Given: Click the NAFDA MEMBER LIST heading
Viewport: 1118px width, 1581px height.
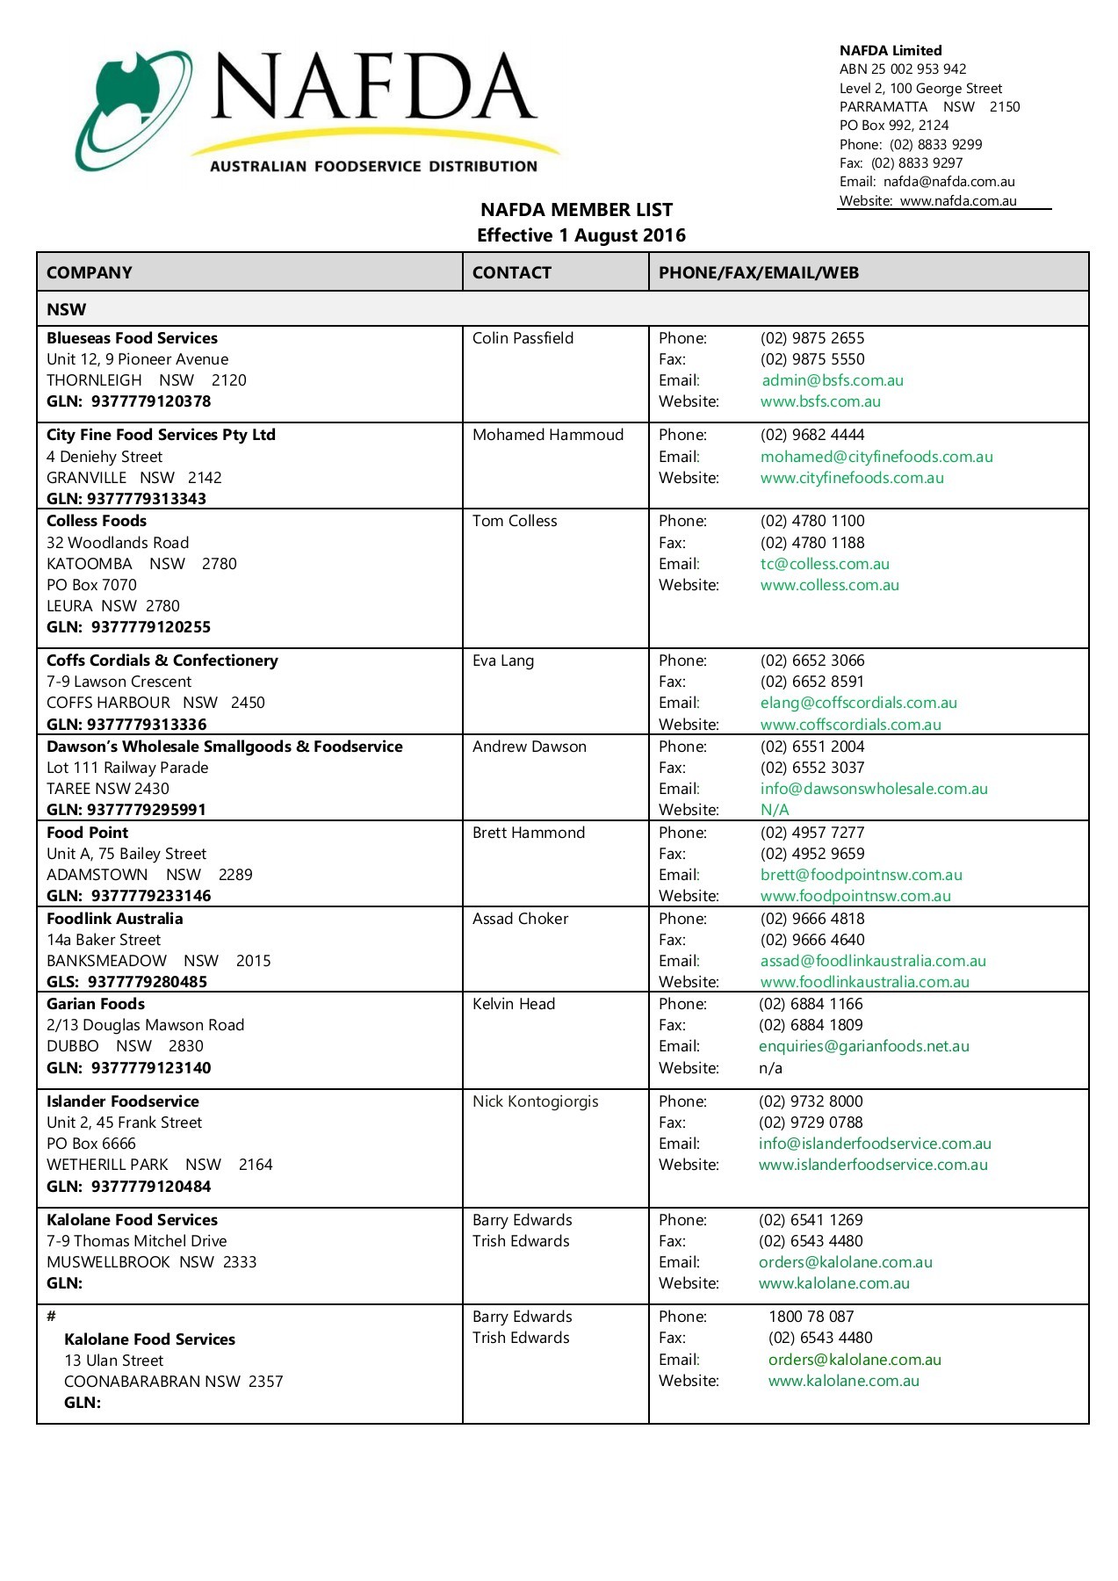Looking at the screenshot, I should pos(576,210).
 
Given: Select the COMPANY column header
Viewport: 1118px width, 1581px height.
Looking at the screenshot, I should pos(90,273).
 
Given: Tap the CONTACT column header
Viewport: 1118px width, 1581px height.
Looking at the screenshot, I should pos(511,273).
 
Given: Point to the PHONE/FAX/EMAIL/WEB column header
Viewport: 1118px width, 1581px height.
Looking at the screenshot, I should pos(758,273).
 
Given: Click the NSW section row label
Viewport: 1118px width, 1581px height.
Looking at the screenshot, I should pos(67,310).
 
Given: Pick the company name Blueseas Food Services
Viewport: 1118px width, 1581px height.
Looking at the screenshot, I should pos(132,338).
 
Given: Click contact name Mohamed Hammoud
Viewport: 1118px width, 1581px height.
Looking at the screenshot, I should pos(547,435).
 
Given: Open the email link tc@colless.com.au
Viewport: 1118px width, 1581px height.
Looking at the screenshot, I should pos(825,564).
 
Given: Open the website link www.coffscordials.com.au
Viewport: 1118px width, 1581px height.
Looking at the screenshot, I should pos(850,725).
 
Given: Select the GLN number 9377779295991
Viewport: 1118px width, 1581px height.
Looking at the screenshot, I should pos(146,810).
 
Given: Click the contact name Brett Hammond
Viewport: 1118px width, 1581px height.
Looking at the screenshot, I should pos(528,833).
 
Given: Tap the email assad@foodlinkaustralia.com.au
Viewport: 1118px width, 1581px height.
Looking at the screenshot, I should pos(873,961).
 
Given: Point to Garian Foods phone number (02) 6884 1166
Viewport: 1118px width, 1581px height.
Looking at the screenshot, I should pos(811,1004).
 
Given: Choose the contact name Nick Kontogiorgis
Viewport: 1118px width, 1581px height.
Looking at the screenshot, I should pos(535,1101).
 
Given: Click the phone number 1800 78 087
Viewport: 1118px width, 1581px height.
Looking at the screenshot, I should pos(811,1317).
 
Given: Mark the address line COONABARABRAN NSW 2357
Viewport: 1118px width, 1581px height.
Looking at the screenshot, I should pos(173,1382).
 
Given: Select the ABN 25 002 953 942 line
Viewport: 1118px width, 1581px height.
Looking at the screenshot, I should pos(902,69).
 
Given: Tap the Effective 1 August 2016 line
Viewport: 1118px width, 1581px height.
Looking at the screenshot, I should pos(581,235).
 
